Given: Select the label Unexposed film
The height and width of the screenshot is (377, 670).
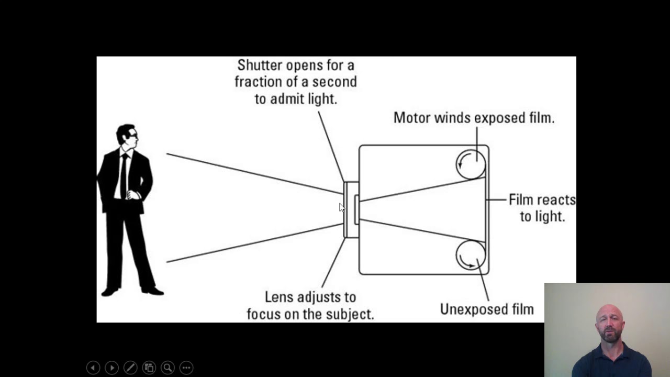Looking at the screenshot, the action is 487,309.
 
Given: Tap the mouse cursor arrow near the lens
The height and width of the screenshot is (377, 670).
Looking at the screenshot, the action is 342,207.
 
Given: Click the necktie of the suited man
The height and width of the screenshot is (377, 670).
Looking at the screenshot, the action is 124,176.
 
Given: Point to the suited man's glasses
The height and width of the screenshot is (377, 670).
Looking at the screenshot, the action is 133,135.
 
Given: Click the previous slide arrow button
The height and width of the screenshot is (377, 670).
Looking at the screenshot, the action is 93,368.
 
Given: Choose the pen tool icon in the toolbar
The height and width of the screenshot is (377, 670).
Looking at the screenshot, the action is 130,368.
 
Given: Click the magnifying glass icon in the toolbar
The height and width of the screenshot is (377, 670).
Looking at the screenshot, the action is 168,368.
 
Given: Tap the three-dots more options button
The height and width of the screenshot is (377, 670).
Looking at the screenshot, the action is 186,368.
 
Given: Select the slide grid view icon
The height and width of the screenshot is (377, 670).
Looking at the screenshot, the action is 149,368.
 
